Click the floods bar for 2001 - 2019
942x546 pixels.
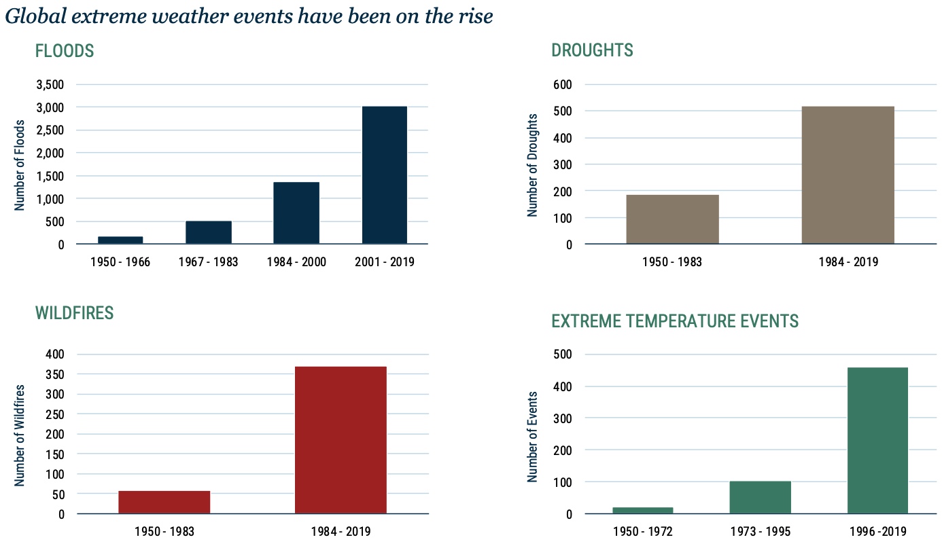tap(384, 175)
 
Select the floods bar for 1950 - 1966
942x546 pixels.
tap(120, 240)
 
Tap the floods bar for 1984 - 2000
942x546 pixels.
tap(296, 213)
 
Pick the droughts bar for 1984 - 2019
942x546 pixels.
tap(848, 175)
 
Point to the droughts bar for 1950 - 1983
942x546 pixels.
tap(672, 219)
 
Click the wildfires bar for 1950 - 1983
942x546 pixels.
tap(164, 502)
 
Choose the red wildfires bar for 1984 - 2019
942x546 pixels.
tap(341, 440)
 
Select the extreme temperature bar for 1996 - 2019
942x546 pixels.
tap(877, 440)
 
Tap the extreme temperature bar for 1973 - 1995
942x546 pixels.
tap(760, 497)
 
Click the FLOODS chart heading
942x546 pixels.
tap(65, 51)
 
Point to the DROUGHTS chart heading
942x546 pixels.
tap(592, 50)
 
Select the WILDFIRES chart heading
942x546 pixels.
tap(74, 313)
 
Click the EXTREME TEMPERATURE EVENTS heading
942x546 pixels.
tap(675, 321)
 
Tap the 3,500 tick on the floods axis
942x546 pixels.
tap(49, 85)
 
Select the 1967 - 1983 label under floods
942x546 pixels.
tap(208, 262)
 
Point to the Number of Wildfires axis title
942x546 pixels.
tap(20, 435)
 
